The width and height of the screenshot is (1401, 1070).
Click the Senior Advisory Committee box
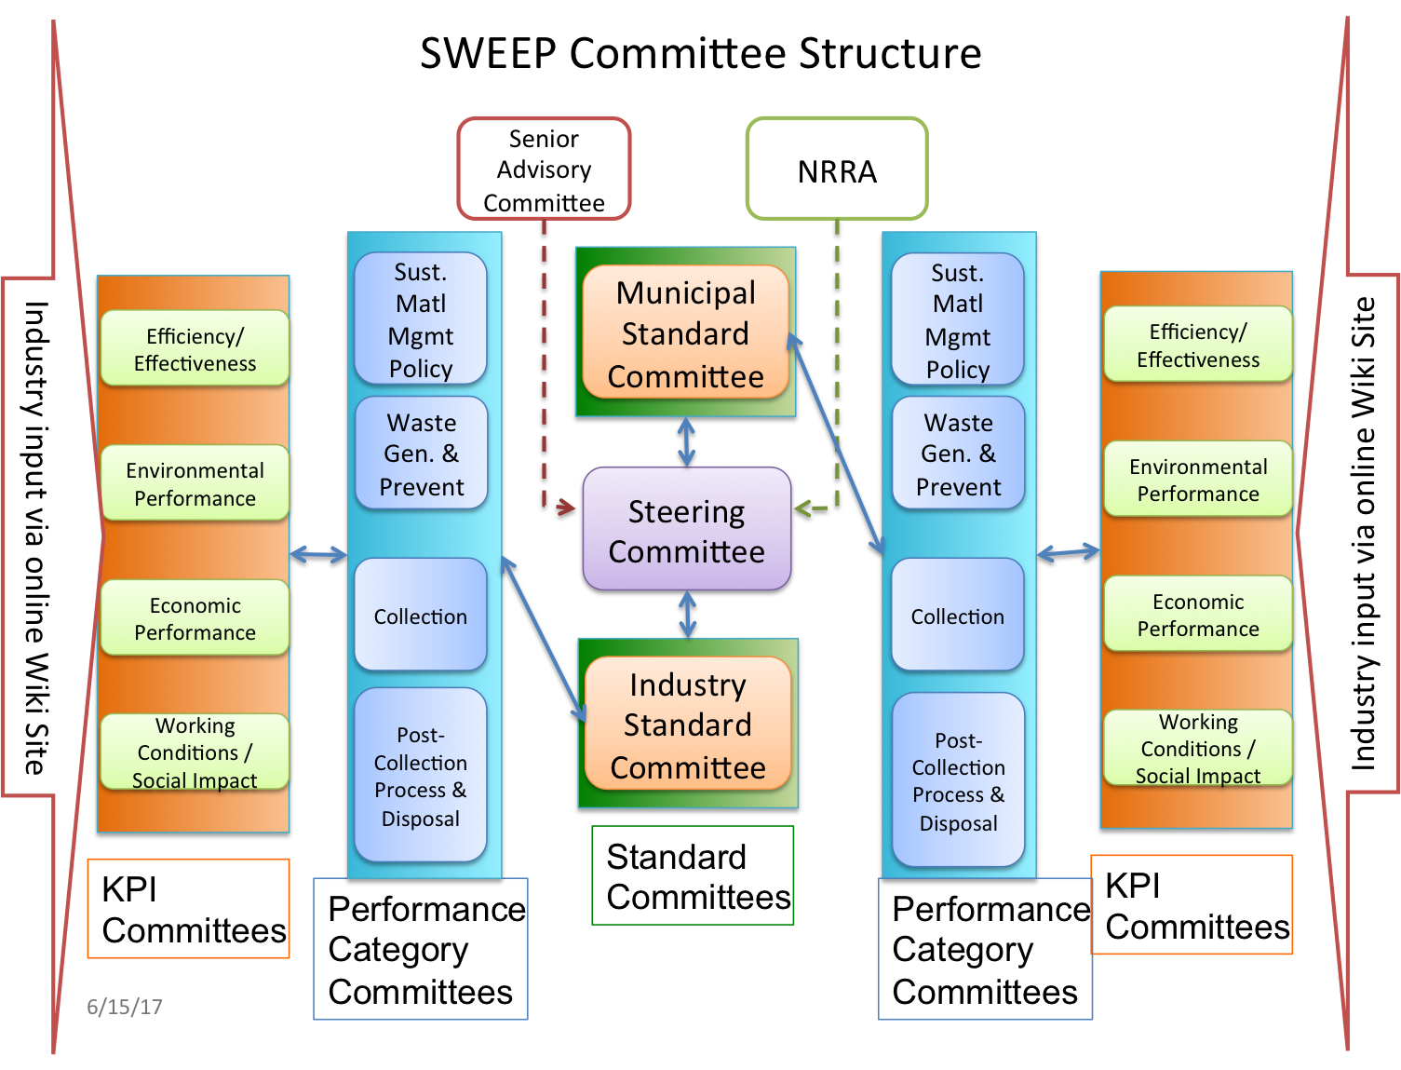pyautogui.click(x=543, y=169)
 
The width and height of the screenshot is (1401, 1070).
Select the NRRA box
pyautogui.click(x=836, y=169)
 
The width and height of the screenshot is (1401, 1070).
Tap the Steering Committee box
pyautogui.click(x=686, y=529)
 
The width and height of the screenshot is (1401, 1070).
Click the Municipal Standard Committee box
pyautogui.click(x=685, y=332)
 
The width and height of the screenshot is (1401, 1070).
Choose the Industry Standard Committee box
pyautogui.click(x=687, y=724)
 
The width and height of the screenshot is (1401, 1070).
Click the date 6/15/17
pyautogui.click(x=125, y=1007)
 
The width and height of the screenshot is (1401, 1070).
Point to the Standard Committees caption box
pyautogui.click(x=693, y=875)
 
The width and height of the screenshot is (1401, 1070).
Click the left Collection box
pyautogui.click(x=421, y=615)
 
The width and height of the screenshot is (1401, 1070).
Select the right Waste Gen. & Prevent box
pyautogui.click(x=958, y=453)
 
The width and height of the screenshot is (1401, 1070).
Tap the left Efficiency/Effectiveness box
pyautogui.click(x=195, y=348)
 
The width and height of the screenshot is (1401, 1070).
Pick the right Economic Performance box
pyautogui.click(x=1197, y=614)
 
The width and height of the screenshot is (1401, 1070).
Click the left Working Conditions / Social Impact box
pyautogui.click(x=195, y=752)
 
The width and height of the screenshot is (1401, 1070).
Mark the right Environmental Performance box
pyautogui.click(x=1197, y=479)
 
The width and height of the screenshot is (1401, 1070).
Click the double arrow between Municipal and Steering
pyautogui.click(x=686, y=441)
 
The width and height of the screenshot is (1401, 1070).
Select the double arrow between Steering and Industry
pyautogui.click(x=687, y=615)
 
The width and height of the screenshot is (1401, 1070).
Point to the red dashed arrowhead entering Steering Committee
pyautogui.click(x=565, y=508)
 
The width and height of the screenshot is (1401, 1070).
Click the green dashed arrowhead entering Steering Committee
pyautogui.click(x=803, y=508)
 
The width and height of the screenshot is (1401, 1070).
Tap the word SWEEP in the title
pyautogui.click(x=488, y=53)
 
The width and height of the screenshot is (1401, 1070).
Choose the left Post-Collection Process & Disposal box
pyautogui.click(x=421, y=775)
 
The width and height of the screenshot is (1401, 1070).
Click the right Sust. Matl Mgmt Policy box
pyautogui.click(x=957, y=319)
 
